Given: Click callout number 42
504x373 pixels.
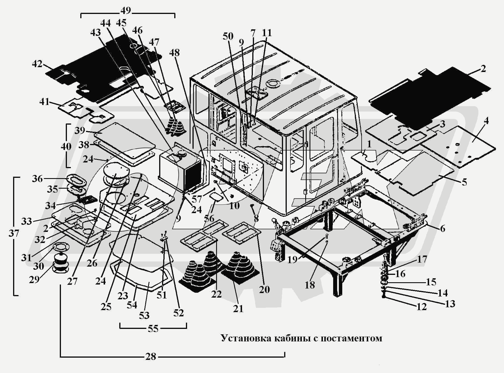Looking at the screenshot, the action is click(37, 64).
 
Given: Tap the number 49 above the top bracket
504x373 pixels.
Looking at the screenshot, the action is click(125, 11).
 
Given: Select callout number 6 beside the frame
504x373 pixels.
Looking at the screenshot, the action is click(442, 228).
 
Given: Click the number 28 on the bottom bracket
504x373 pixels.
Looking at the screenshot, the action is click(151, 357).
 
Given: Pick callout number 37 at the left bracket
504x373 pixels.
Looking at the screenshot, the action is click(14, 233).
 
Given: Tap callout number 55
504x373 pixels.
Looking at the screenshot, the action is click(153, 329).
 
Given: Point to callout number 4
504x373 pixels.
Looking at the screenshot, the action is click(486, 121).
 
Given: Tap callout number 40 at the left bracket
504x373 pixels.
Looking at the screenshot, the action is click(66, 147).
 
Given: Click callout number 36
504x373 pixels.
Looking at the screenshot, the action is click(37, 179).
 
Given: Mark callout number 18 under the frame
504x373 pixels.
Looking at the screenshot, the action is click(310, 285).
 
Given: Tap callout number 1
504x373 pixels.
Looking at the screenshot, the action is click(369, 144).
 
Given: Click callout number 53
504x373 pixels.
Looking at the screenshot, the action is click(144, 315).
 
